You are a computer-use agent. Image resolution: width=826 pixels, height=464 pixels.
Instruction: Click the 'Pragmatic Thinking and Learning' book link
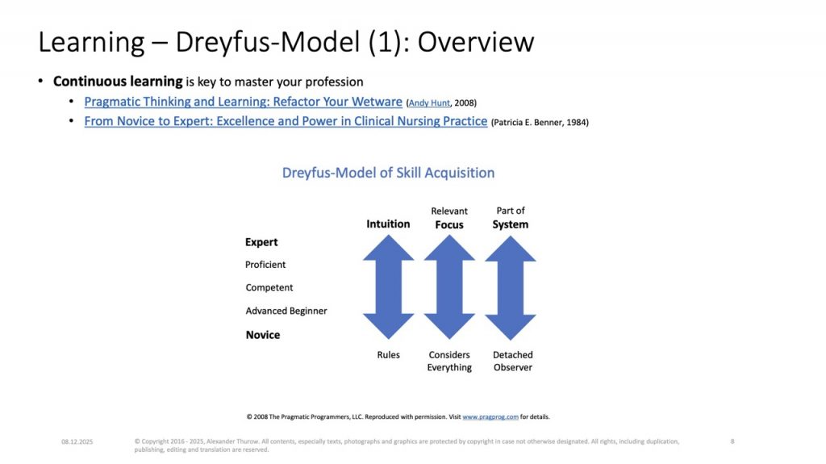[x=243, y=102]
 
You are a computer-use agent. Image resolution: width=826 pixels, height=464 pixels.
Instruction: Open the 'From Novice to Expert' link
[x=286, y=121]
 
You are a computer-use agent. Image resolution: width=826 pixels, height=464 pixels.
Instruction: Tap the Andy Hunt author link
[x=429, y=102]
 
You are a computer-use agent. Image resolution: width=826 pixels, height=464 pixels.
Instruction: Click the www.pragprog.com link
[x=490, y=416]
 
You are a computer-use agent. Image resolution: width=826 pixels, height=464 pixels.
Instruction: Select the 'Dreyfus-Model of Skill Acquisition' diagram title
[x=388, y=173]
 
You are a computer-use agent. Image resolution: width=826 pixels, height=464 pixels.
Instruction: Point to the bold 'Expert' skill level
[x=261, y=242]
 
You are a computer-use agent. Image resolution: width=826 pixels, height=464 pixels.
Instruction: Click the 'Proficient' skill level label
[x=265, y=264]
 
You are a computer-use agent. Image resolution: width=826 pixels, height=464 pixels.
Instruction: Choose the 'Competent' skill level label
[x=269, y=287]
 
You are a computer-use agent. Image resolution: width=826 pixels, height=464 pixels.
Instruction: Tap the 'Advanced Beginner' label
[x=286, y=311]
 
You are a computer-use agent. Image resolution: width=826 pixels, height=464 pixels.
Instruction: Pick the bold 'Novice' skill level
[x=263, y=335]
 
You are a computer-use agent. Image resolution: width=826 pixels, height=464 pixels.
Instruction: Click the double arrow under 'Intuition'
[x=388, y=286]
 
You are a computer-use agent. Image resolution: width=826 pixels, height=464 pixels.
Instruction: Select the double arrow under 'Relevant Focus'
[x=449, y=286]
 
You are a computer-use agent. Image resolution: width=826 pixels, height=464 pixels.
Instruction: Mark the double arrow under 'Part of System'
[x=511, y=286]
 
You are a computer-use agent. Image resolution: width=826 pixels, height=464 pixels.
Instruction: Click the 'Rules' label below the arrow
[x=388, y=355]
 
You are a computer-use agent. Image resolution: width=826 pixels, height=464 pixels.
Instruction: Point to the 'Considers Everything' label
[x=449, y=362]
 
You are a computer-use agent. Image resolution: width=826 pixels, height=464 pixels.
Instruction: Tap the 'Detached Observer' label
[x=512, y=362]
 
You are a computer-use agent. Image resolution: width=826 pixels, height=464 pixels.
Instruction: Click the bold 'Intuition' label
[x=388, y=224]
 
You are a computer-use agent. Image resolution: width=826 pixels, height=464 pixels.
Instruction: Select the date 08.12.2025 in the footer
[x=77, y=442]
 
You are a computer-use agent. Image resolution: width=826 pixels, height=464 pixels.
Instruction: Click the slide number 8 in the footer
[x=732, y=441]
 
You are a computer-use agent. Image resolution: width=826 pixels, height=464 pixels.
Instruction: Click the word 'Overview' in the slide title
[x=476, y=42]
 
